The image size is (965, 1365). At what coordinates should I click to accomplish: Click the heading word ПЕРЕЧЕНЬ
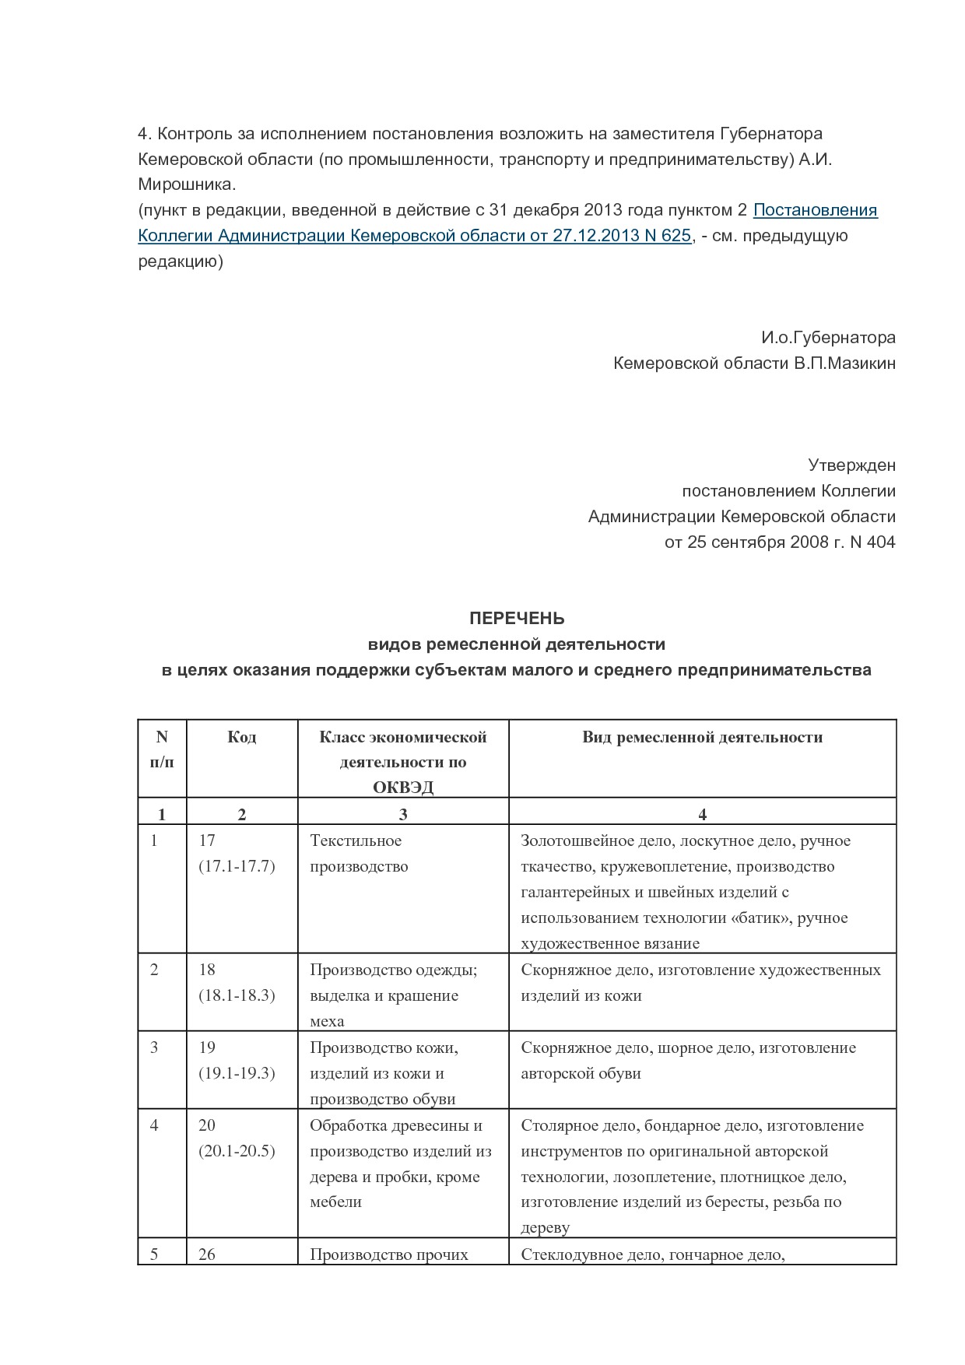(x=516, y=619)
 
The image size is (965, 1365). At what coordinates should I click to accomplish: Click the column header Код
(x=241, y=737)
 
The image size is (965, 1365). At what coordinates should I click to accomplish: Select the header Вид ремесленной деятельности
(x=702, y=737)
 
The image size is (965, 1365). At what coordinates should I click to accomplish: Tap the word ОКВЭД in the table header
(x=402, y=788)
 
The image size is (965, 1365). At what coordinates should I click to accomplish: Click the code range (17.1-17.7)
(x=237, y=866)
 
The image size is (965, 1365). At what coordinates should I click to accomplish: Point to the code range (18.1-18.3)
(x=237, y=995)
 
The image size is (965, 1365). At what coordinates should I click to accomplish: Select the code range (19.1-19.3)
(x=237, y=1073)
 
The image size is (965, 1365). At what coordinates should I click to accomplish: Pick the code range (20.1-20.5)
(x=237, y=1151)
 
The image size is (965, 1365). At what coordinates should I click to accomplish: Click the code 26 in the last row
(x=207, y=1254)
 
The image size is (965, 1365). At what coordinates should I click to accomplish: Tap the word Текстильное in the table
(x=356, y=840)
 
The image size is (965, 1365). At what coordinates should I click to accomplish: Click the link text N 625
(x=668, y=236)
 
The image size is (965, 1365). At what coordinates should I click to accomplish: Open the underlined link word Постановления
(x=815, y=210)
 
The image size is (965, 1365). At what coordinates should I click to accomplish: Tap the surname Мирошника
(x=186, y=185)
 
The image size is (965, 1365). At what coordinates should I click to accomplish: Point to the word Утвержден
(x=851, y=465)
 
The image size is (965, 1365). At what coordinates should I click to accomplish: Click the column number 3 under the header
(x=402, y=815)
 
